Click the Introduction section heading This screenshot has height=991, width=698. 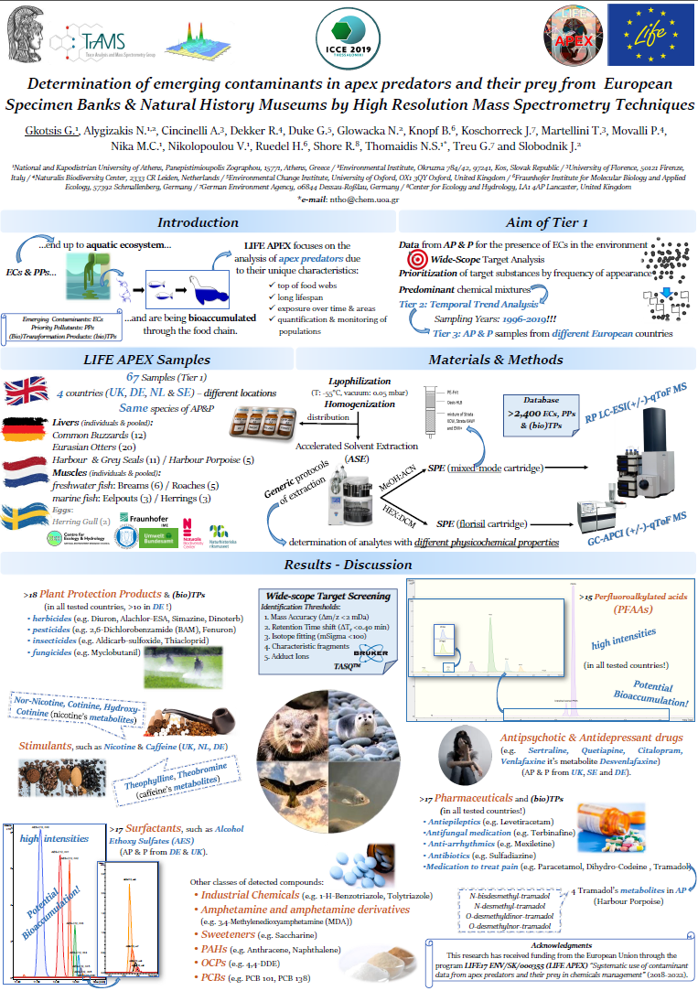[x=198, y=222]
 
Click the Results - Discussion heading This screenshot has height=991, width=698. [x=349, y=564]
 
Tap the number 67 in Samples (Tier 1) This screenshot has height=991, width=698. [x=134, y=378]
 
